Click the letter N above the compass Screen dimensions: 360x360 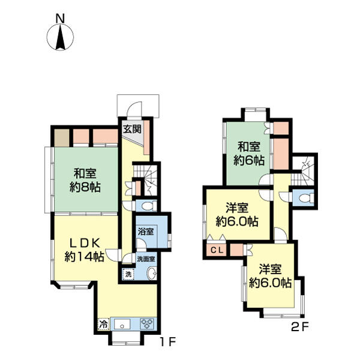click(60, 19)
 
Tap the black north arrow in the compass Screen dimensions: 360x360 click(61, 37)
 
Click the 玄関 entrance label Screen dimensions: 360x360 click(132, 130)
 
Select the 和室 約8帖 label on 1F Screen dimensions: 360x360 click(85, 180)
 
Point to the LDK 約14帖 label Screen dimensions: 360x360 click(85, 250)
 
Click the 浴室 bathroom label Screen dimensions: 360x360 click(146, 232)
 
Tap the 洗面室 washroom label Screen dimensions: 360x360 click(146, 259)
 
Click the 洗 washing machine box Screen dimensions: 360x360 click(128, 274)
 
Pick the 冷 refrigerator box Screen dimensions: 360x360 click(104, 324)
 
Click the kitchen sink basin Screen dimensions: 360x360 click(122, 324)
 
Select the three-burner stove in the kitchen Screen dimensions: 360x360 click(148, 324)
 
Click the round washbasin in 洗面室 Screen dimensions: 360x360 click(152, 274)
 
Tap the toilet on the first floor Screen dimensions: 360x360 click(149, 206)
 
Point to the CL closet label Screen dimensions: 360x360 click(217, 250)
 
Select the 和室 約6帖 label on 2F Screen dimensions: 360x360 click(249, 154)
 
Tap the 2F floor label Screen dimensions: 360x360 click(300, 327)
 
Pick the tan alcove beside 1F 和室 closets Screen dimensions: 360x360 click(62, 138)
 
